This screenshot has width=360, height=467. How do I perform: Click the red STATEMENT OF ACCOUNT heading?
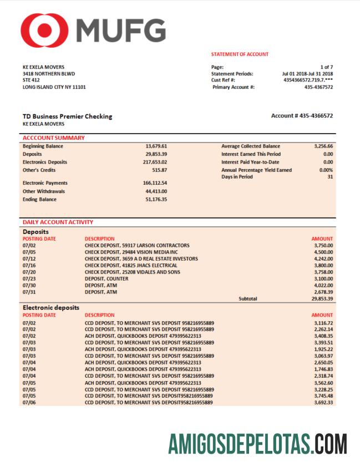[x=240, y=54]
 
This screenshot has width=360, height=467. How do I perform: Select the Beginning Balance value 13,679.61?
[x=156, y=146]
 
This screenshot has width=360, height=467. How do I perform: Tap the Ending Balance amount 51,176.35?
[x=156, y=200]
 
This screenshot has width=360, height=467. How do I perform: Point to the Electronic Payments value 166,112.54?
[x=155, y=183]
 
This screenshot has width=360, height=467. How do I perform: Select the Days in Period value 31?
[x=330, y=177]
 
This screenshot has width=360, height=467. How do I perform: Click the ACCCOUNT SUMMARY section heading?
[x=54, y=138]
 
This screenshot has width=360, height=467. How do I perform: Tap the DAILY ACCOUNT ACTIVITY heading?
[x=58, y=222]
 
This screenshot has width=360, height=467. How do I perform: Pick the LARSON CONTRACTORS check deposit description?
[x=137, y=245]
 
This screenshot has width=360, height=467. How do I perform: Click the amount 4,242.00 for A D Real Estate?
[x=323, y=258]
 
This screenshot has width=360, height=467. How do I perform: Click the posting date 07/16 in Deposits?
[x=29, y=265]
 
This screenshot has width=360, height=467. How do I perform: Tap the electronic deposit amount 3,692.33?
[x=323, y=403]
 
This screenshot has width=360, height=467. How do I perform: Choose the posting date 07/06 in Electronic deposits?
[x=29, y=403]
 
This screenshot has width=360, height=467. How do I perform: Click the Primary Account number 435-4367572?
[x=318, y=87]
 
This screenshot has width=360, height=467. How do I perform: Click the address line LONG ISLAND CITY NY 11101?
[x=54, y=87]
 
